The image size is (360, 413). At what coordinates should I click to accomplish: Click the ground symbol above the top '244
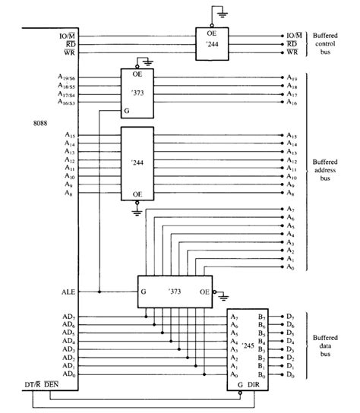(x=219, y=13)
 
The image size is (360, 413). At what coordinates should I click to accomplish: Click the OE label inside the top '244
(x=213, y=34)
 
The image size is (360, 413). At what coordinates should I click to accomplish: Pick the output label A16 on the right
(x=292, y=102)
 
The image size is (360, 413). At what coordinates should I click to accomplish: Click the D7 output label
(x=291, y=315)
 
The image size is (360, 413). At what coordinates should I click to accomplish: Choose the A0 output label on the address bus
(x=292, y=267)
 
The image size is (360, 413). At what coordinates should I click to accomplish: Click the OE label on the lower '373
(x=204, y=291)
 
